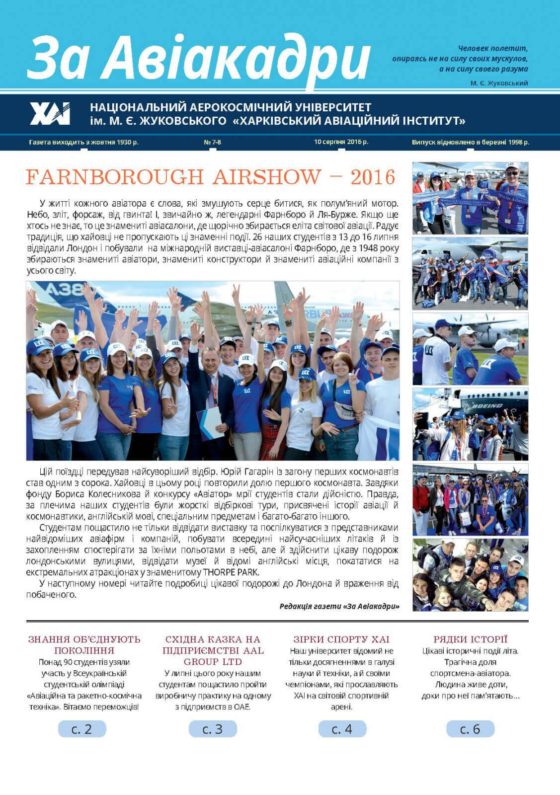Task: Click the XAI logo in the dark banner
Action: pos(50,114)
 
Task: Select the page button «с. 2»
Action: pos(82,729)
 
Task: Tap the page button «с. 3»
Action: pos(213,729)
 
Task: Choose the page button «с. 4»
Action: pos(342,729)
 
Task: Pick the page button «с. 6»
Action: pos(470,729)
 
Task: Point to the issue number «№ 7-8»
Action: pos(213,142)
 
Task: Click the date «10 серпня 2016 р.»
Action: pos(341,142)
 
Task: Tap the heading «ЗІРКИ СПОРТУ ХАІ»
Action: pos(341,639)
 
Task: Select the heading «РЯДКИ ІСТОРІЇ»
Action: pos(470,639)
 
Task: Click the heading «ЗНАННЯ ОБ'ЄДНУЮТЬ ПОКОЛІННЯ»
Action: pos(84,644)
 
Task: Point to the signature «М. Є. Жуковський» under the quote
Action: pos(499,83)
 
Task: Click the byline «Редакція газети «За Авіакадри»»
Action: pos(339,606)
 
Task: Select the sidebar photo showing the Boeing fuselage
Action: pos(470,424)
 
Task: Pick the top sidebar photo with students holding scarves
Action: pos(470,198)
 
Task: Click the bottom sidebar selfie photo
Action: pos(470,575)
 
